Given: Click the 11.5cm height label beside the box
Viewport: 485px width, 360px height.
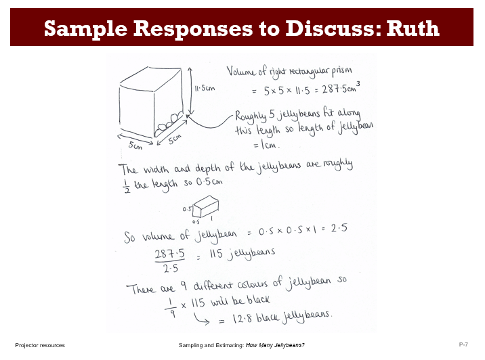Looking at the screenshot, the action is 205,89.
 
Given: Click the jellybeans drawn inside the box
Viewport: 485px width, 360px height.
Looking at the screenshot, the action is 169,122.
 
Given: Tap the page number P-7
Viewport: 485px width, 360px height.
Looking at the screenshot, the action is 464,345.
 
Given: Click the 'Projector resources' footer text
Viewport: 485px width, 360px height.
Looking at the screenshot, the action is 40,345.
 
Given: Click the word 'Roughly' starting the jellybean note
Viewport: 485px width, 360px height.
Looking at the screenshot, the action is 253,113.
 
